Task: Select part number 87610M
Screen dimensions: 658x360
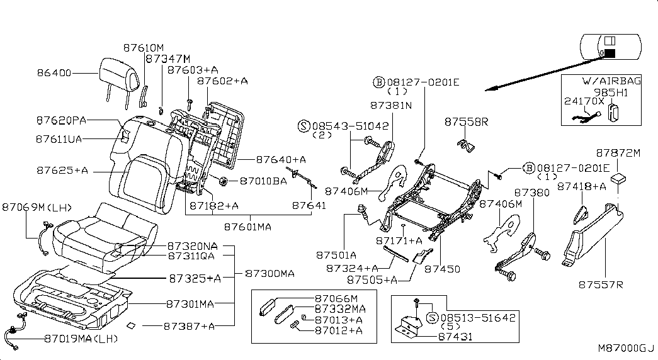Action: pos(144,48)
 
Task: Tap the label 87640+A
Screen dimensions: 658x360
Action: pos(281,159)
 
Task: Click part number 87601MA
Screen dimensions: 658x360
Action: pos(247,227)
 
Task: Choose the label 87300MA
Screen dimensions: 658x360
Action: pos(270,274)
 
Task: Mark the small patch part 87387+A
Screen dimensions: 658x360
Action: pos(132,325)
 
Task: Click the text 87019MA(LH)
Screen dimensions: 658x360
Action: pos(81,339)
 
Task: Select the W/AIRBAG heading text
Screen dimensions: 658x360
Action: pos(611,81)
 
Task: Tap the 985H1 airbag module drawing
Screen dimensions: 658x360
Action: pos(615,112)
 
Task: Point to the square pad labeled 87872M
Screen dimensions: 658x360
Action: pos(618,178)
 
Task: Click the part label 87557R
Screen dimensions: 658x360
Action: pos(601,285)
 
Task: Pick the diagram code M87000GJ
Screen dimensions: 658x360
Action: pos(626,348)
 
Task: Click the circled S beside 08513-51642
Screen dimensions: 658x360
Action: pos(432,318)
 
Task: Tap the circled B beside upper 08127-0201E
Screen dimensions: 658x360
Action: pos(379,82)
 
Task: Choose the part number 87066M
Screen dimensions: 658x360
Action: pos(336,299)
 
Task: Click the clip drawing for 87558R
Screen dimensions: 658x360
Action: pos(465,145)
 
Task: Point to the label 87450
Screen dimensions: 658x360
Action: pos(442,269)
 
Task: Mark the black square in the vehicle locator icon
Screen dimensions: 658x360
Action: pos(610,53)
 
